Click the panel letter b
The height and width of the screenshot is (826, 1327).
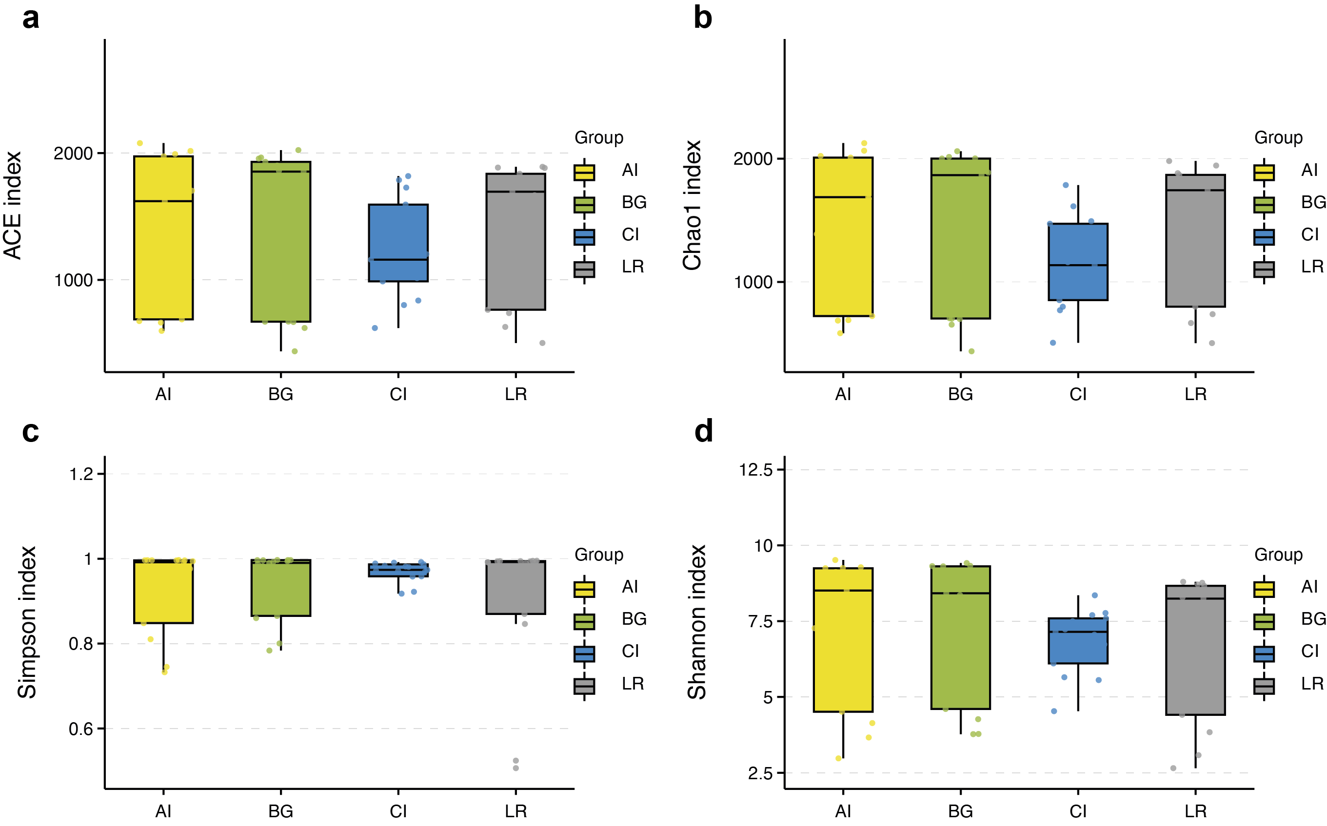point(702,18)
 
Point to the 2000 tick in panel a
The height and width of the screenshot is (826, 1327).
point(73,154)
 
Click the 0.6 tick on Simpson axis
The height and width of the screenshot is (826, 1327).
point(80,729)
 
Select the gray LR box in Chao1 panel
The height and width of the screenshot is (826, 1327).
point(1195,240)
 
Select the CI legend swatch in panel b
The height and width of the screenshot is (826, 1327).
point(1264,236)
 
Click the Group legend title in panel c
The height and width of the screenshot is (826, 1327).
point(598,555)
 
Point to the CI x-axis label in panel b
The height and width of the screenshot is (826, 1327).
point(1078,394)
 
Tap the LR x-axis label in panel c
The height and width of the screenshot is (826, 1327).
point(515,811)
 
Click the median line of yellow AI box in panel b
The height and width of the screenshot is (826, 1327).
point(843,197)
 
